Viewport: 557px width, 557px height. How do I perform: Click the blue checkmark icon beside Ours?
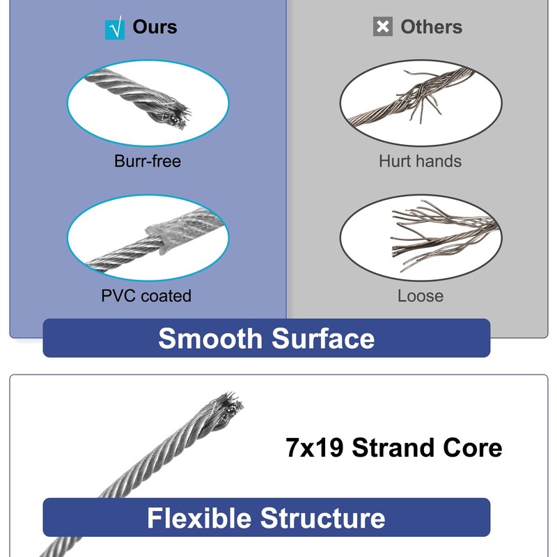coord(114,29)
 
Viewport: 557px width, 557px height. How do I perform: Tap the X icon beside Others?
coord(383,27)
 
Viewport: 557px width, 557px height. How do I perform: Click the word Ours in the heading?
coord(155,27)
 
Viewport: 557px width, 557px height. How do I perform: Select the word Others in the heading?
coord(431,27)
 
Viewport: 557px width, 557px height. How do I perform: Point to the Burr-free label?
coord(148,162)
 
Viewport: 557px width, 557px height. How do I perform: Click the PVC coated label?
coord(146,296)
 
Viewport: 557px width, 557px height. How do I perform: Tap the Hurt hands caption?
coord(420,162)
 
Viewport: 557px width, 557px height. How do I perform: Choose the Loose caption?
coord(420,296)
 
